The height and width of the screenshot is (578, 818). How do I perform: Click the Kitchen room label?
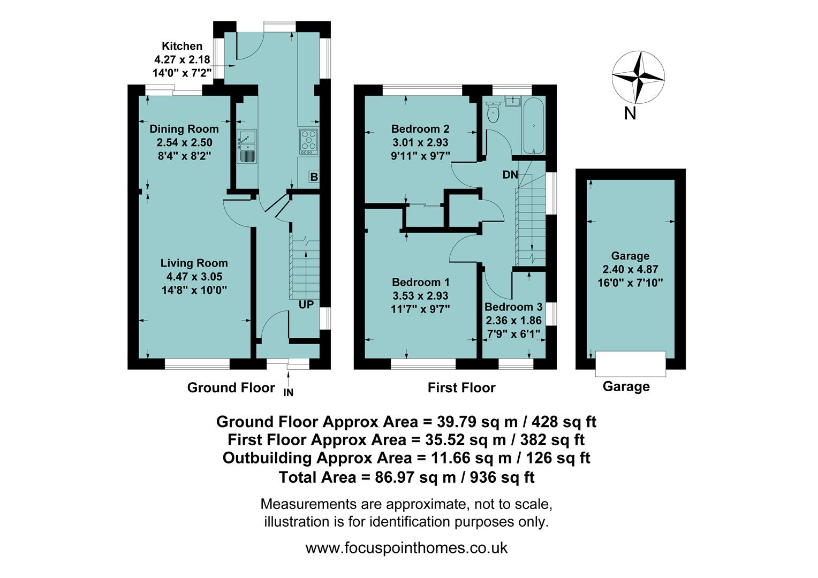click(182, 46)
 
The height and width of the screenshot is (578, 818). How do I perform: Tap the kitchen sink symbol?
click(247, 146)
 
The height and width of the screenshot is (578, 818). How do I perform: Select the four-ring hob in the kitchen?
click(308, 140)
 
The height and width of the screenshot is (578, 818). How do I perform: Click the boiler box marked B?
click(314, 177)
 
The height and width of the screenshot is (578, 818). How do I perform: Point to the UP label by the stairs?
click(306, 305)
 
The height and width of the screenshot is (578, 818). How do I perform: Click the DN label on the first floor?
click(510, 175)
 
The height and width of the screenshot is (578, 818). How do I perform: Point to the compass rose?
click(638, 77)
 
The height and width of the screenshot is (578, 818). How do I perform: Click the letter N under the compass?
click(630, 113)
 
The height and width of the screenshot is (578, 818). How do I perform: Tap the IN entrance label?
click(289, 392)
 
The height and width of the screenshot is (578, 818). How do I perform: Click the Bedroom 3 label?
click(513, 307)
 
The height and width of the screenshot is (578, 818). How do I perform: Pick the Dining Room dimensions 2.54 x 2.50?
click(184, 142)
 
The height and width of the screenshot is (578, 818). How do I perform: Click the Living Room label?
click(194, 263)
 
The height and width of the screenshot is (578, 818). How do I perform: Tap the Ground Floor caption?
click(231, 387)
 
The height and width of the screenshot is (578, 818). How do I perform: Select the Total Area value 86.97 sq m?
click(406, 477)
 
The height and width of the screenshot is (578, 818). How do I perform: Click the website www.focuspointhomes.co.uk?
click(406, 548)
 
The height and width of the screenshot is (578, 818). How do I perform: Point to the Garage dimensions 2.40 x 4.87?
click(630, 269)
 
